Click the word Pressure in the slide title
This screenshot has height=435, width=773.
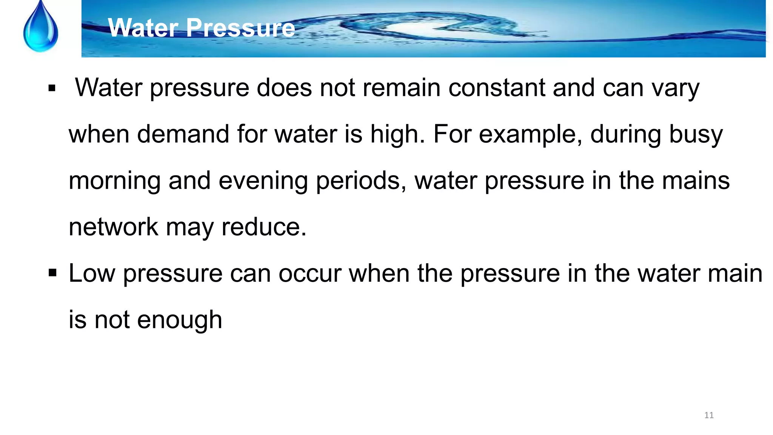[240, 28]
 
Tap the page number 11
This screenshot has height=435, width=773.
[709, 415]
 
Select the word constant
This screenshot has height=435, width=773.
[497, 88]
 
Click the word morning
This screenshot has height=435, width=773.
[114, 181]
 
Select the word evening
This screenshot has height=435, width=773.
[263, 181]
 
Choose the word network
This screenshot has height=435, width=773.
[113, 227]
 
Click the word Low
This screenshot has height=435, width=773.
[92, 273]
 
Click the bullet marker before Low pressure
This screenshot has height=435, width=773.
[52, 273]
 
